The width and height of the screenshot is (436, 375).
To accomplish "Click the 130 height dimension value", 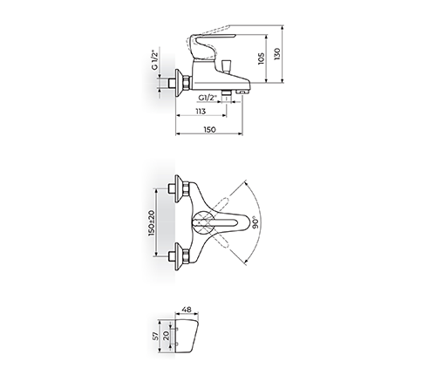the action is (x=277, y=54).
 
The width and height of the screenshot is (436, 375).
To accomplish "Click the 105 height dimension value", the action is (x=262, y=58).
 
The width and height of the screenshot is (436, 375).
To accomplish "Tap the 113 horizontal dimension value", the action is (x=200, y=111).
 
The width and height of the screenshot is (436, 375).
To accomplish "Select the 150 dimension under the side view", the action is (x=210, y=129).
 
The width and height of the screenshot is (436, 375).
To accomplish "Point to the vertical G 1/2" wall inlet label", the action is (x=154, y=60).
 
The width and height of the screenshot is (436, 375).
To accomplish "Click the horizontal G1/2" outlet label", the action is (x=208, y=98).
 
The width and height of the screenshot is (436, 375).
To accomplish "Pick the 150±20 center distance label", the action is (x=152, y=222).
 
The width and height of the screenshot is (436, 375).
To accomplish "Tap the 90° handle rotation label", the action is (x=255, y=222).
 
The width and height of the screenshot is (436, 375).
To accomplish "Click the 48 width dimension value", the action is (x=187, y=310).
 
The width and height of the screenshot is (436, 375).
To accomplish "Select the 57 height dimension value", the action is (x=155, y=336).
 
